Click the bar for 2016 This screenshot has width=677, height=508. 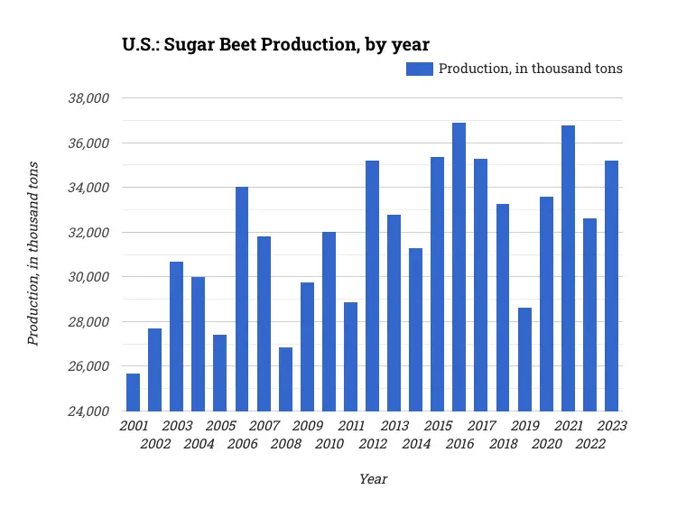459,267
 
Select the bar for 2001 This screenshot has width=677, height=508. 133,393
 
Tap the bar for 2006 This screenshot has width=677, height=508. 242,299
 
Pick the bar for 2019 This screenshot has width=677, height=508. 524,359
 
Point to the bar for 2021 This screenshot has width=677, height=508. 568,268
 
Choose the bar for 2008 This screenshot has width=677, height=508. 285,379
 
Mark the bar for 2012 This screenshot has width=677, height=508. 372,286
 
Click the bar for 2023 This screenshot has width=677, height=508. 611,286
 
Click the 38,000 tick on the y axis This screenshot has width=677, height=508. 88,98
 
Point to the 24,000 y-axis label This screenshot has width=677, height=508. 88,411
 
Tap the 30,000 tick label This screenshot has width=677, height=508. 88,277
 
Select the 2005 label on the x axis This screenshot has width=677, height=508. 220,426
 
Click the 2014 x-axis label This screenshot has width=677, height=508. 416,444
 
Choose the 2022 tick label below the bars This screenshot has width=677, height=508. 590,444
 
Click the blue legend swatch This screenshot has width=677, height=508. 419,69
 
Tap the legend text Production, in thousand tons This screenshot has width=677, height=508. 531,69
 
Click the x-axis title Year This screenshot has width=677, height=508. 373,479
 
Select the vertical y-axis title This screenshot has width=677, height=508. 33,254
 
